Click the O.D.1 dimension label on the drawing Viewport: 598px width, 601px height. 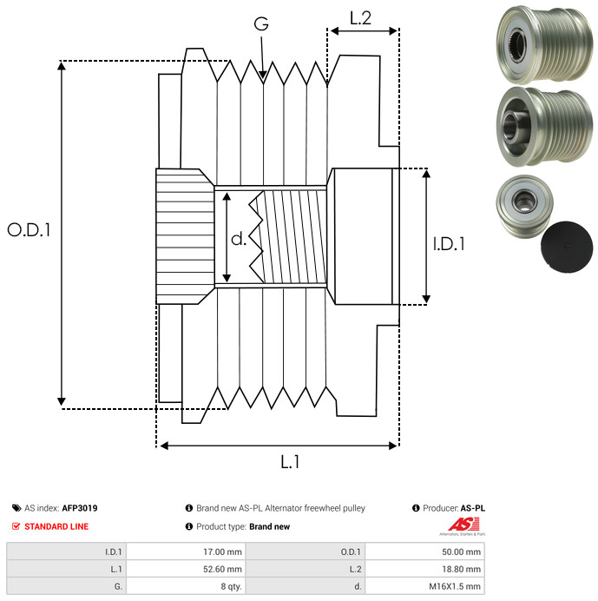tap(29, 231)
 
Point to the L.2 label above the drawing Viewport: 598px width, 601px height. tap(360, 17)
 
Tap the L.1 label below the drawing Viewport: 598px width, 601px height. tap(290, 462)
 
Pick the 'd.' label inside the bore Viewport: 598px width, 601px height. tap(239, 238)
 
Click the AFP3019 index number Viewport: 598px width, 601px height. tap(80, 508)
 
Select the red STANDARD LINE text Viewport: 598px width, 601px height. tap(56, 526)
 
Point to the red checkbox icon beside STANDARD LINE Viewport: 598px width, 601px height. tap(16, 526)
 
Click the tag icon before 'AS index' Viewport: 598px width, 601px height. tap(16, 508)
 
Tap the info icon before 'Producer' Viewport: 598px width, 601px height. tap(416, 508)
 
